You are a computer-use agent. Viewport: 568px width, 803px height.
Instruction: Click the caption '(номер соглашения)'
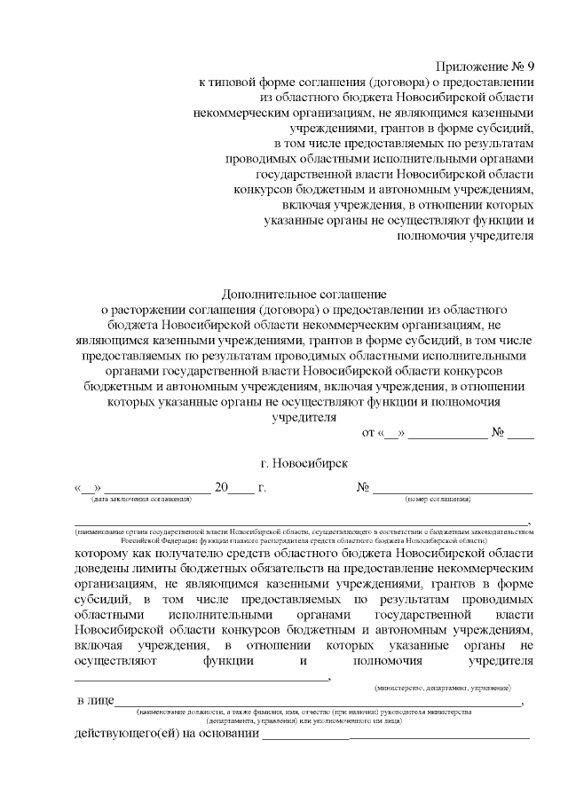click(x=437, y=500)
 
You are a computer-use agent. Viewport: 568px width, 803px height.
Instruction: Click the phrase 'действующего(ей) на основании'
click(x=167, y=734)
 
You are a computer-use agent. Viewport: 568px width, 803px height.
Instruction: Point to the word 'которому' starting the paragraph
click(x=103, y=553)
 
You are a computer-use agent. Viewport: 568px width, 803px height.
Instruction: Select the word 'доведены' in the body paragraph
click(x=103, y=569)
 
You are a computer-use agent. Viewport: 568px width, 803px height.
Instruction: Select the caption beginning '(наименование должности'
click(x=304, y=712)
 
